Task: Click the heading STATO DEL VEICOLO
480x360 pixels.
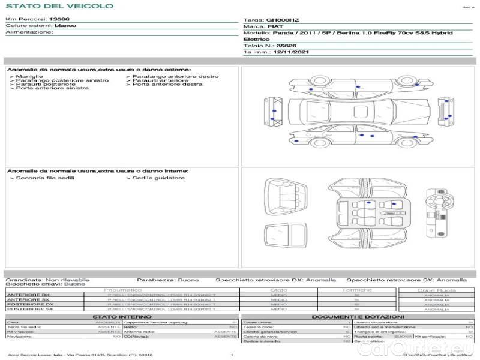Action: coord(59,6)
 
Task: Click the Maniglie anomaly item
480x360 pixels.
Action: coord(29,77)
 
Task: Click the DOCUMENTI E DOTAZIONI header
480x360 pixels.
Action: coord(358,317)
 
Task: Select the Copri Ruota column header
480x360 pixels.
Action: coord(436,290)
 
